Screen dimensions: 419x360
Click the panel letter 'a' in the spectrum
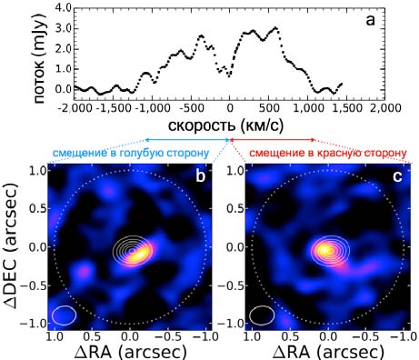370,21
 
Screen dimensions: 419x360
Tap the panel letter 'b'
201,176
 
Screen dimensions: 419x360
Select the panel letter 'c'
397,177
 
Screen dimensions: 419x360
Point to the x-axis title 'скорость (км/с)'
225,125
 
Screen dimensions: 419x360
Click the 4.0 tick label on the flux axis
64,7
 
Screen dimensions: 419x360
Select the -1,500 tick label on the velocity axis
113,107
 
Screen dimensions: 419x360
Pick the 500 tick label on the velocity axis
269,107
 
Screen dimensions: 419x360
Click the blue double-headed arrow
187,140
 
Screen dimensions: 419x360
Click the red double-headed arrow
273,140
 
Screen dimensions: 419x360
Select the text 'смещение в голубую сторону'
131,153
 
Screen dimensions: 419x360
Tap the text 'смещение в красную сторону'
327,154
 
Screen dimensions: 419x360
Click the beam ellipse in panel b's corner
64,315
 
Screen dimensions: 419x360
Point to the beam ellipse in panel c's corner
262,315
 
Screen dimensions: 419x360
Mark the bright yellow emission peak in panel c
324,250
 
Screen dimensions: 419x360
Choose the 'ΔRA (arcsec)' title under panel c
328,353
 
